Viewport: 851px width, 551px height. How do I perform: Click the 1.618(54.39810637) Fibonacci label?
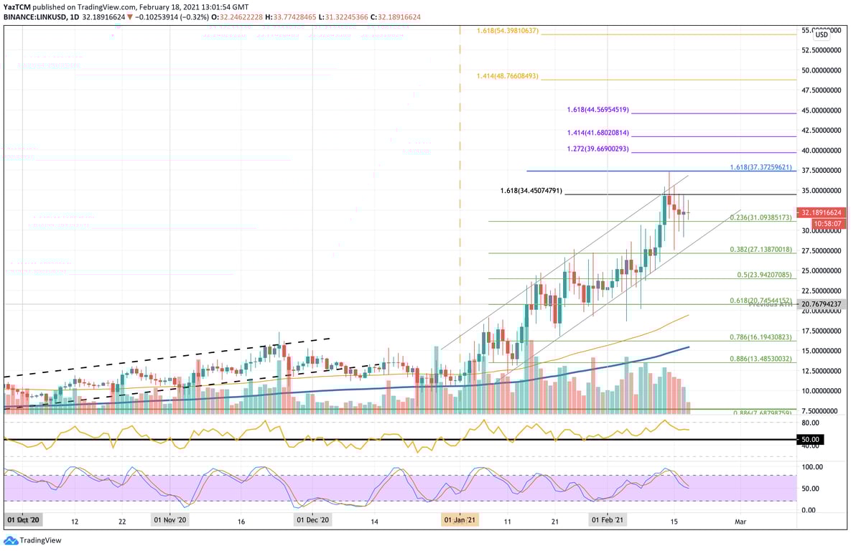508,31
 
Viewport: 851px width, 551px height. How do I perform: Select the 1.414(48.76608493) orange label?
508,76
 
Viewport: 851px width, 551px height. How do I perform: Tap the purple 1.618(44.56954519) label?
597,110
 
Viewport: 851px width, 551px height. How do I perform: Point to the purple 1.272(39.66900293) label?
597,149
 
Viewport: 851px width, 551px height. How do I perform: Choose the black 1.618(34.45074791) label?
531,192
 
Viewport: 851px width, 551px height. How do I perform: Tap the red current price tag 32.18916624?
822,213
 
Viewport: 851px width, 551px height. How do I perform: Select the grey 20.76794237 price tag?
822,304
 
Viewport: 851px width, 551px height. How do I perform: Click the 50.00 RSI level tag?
813,439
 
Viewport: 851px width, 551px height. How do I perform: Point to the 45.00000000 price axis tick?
822,110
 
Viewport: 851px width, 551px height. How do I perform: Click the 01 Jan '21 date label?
460,519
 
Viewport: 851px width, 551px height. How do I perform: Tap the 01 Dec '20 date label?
312,519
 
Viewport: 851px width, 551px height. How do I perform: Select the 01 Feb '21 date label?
608,519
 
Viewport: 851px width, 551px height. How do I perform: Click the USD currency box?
822,34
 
